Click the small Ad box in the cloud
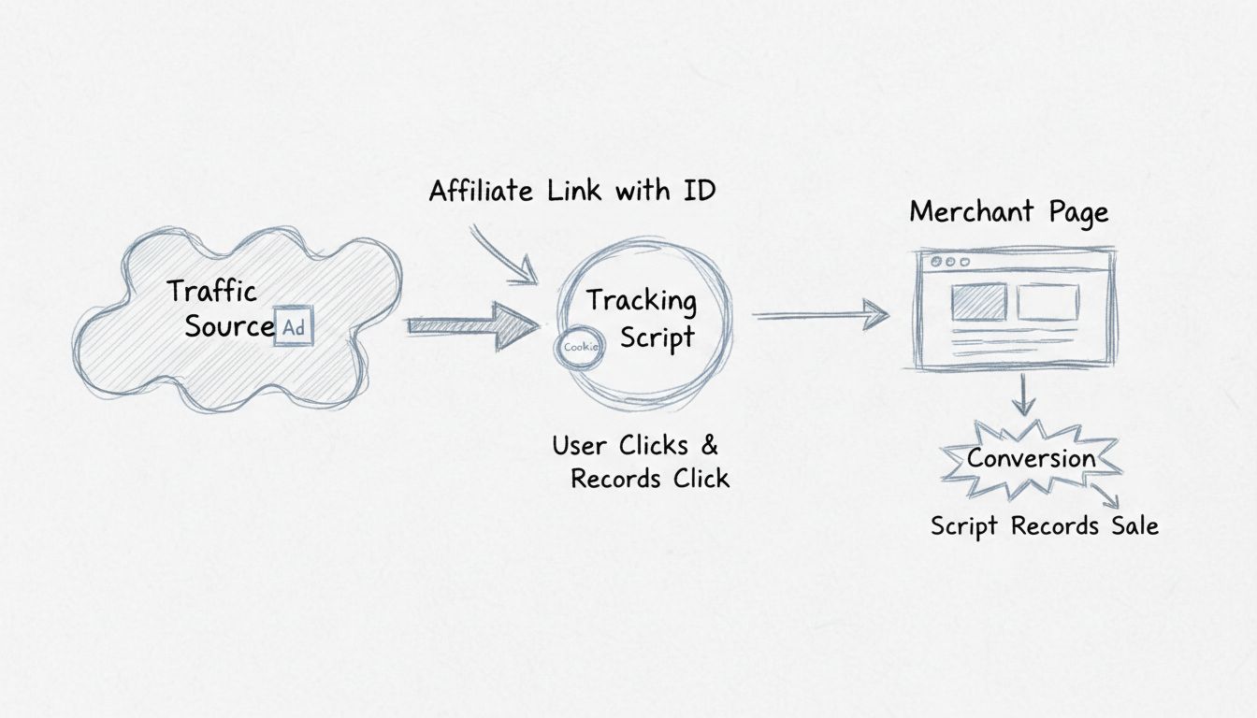(x=294, y=329)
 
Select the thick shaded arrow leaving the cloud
(x=472, y=325)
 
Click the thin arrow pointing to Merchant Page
(x=821, y=316)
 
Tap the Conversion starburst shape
(x=1031, y=459)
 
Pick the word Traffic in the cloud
(x=211, y=291)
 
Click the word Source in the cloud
(x=229, y=327)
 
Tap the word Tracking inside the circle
(x=642, y=300)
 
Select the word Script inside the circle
(x=657, y=337)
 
